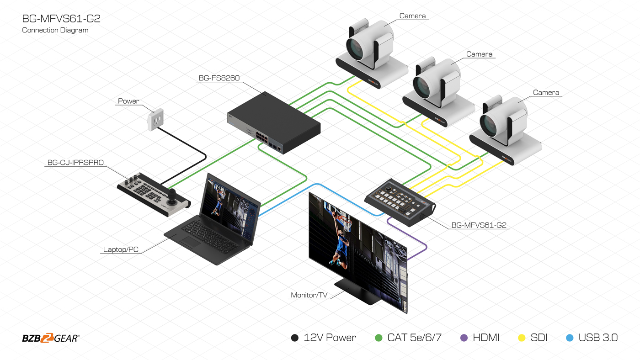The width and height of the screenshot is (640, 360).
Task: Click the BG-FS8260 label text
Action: point(219,78)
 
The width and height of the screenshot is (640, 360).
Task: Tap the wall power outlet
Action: point(155,120)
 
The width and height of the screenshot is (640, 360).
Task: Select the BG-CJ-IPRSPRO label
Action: point(75,162)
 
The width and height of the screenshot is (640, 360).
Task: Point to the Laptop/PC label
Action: point(121,249)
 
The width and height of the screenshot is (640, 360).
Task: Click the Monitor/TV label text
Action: point(309,295)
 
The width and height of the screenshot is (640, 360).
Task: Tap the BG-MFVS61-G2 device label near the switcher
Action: point(479,225)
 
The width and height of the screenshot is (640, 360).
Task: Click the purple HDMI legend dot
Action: point(464,338)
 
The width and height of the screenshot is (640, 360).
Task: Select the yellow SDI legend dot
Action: point(522,338)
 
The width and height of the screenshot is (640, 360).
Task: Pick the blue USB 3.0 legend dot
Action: point(570,338)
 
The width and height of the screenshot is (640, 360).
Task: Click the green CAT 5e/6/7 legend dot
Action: point(379,338)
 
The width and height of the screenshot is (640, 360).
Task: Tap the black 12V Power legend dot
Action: point(295,338)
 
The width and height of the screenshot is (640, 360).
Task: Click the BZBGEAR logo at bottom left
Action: point(51,338)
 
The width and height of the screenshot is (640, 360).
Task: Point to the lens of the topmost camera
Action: point(355,48)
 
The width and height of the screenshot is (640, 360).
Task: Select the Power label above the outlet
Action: point(128,101)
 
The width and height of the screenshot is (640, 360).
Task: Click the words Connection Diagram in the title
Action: point(55,30)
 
